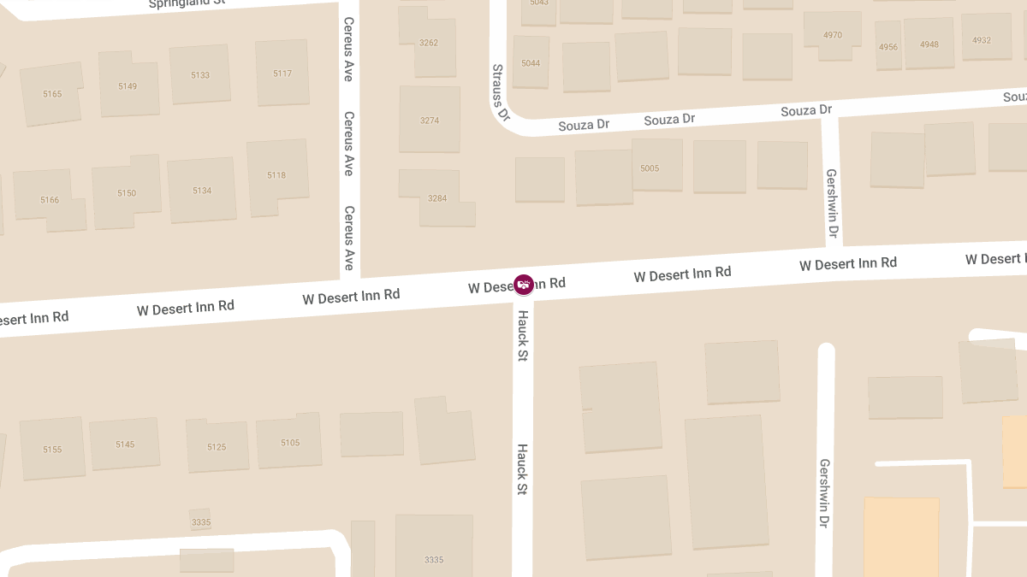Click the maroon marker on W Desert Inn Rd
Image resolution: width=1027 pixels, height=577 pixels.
(524, 284)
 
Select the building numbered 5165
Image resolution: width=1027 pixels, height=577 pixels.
(52, 94)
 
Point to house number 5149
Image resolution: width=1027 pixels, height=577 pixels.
(128, 86)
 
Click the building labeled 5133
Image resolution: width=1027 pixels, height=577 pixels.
(200, 75)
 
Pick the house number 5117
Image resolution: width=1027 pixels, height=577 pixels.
(282, 74)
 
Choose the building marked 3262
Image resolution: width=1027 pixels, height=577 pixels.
(429, 43)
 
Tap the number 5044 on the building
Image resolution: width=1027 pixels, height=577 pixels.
(531, 63)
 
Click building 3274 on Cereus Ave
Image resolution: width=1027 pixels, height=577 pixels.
(430, 121)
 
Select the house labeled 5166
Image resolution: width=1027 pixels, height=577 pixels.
(50, 200)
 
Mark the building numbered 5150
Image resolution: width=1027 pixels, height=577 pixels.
(127, 193)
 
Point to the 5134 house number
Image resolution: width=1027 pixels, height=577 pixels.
(202, 191)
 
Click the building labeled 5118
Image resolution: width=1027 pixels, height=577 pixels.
(276, 175)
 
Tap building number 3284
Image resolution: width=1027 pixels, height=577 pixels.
(437, 198)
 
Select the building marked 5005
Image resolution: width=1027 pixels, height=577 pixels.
(650, 168)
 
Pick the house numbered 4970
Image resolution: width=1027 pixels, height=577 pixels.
(833, 36)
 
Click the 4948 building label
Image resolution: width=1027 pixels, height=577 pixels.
(929, 44)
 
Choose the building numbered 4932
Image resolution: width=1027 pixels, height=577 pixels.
(982, 40)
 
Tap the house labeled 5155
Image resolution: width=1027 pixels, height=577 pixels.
(52, 450)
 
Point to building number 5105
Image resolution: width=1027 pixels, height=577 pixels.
(290, 443)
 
